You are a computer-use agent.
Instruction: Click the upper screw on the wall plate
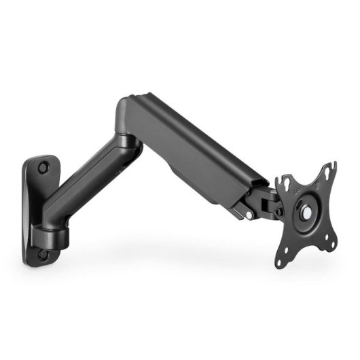click(x=43, y=165)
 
